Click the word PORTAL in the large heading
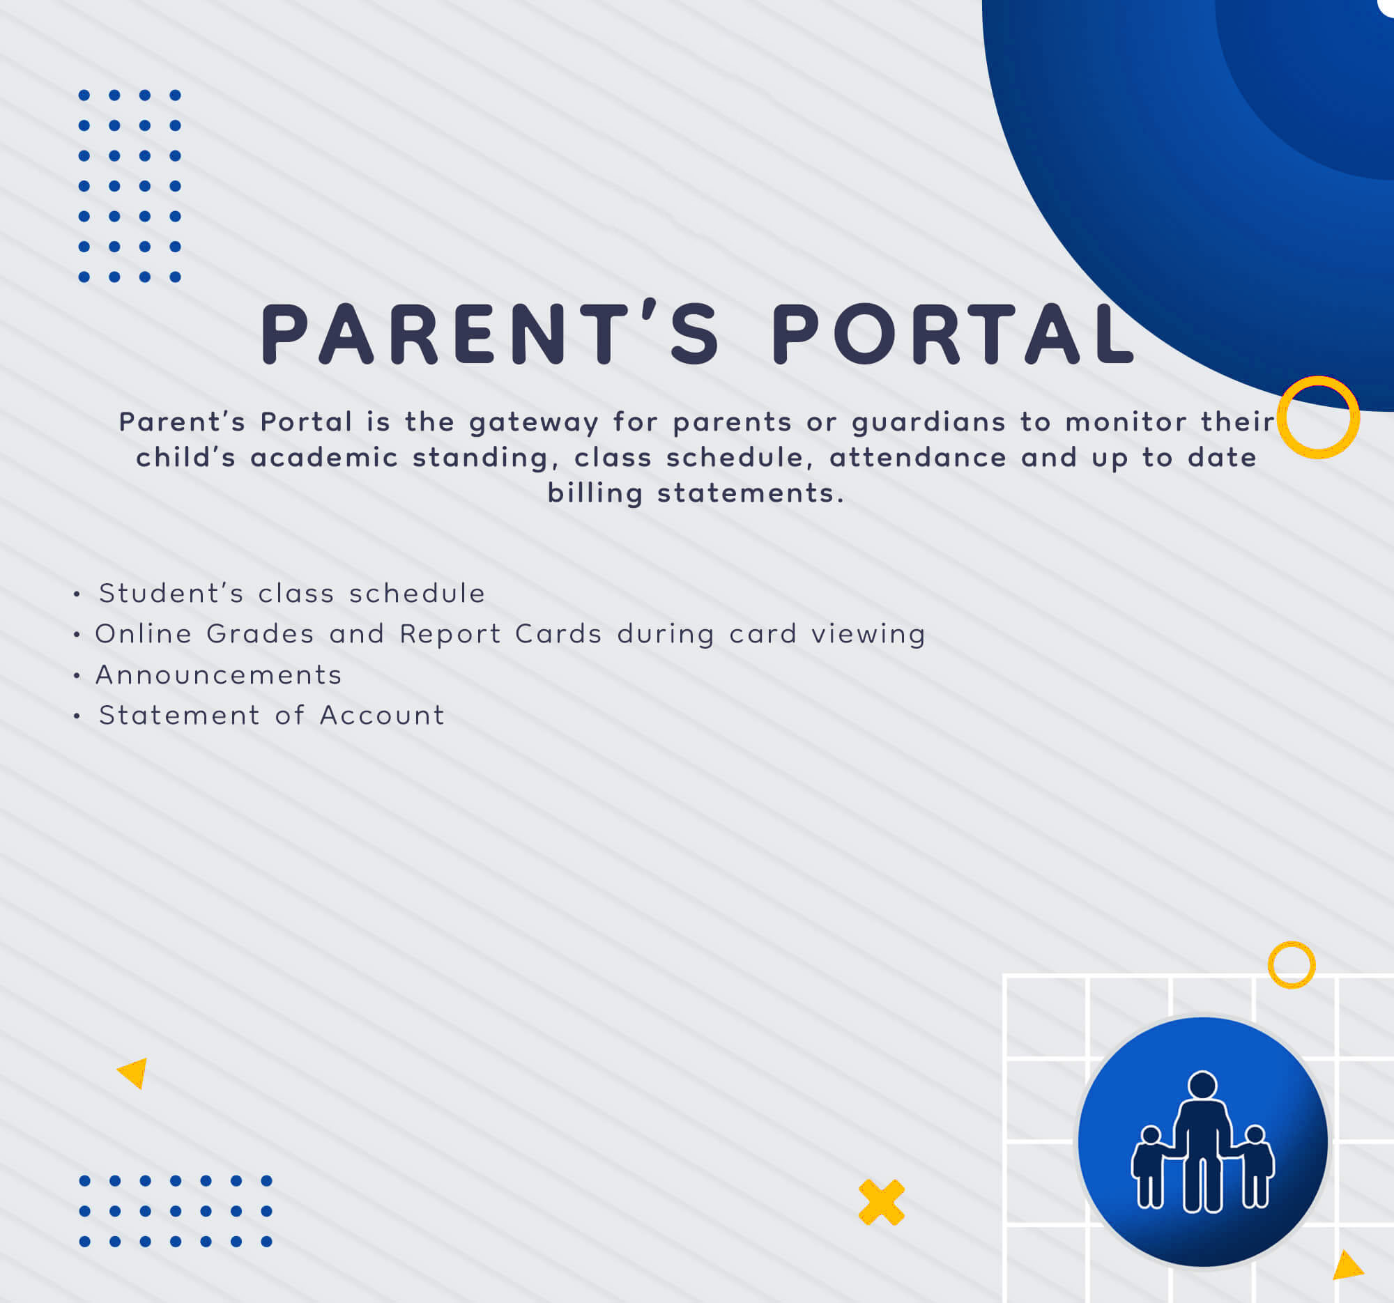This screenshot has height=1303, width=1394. click(x=953, y=334)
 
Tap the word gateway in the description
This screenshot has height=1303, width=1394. click(x=534, y=423)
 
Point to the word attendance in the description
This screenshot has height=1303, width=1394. click(x=918, y=458)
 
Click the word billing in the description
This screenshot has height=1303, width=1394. click(x=595, y=493)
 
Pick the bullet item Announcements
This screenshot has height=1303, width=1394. click(x=218, y=675)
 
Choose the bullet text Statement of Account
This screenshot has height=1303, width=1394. click(x=271, y=716)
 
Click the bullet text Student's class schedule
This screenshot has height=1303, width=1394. click(x=292, y=594)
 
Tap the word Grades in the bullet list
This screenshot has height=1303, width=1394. click(x=260, y=634)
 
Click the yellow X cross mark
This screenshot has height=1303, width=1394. click(x=882, y=1203)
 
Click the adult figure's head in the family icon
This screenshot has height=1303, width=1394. click(x=1202, y=1086)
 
